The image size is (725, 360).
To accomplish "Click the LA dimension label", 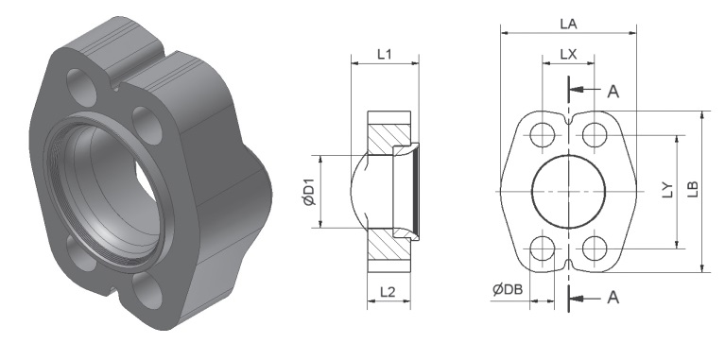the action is click(x=568, y=24).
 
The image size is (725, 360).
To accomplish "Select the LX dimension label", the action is click(x=568, y=55).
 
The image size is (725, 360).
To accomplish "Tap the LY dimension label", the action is click(x=668, y=190).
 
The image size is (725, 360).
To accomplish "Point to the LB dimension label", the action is click(x=693, y=189).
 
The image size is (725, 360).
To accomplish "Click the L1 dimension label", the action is click(x=385, y=55).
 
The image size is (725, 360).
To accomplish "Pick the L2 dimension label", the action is click(x=388, y=292).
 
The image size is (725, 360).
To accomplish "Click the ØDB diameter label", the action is click(x=508, y=290).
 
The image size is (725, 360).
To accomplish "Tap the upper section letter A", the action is click(x=613, y=92).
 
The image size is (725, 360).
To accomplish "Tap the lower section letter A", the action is click(x=613, y=297).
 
